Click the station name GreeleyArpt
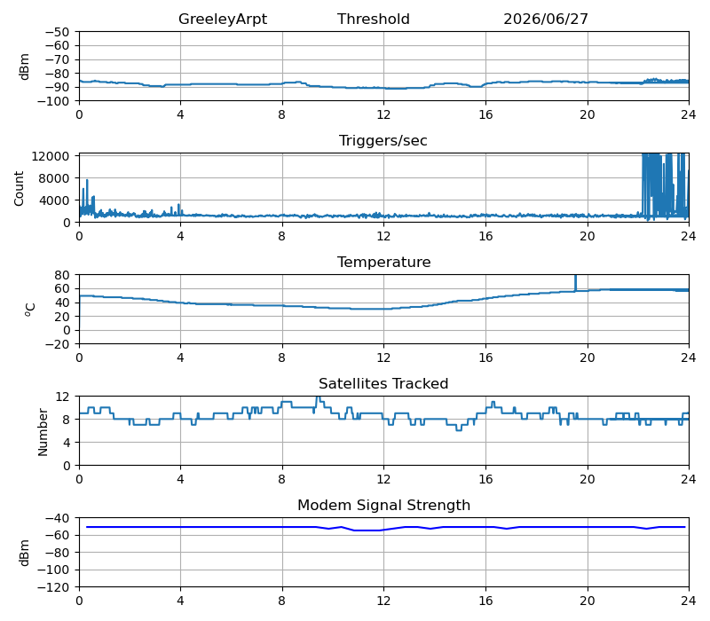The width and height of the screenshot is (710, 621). pyautogui.click(x=223, y=19)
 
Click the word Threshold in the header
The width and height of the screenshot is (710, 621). pyautogui.click(x=373, y=19)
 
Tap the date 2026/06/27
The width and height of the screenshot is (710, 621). pyautogui.click(x=546, y=19)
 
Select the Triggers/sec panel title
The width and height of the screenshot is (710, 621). pyautogui.click(x=383, y=140)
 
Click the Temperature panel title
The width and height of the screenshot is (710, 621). pyautogui.click(x=383, y=262)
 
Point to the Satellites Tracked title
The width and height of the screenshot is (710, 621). pyautogui.click(x=383, y=383)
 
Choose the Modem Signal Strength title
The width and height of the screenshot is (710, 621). pyautogui.click(x=383, y=505)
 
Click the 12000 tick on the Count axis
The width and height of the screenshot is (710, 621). pyautogui.click(x=50, y=156)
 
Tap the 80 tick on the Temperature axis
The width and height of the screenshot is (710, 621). pyautogui.click(x=62, y=275)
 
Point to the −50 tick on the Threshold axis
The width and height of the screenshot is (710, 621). pyautogui.click(x=57, y=32)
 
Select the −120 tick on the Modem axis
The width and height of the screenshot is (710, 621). pyautogui.click(x=53, y=587)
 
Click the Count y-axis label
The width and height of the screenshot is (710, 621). pyautogui.click(x=19, y=188)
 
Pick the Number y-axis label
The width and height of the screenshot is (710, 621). pyautogui.click(x=43, y=432)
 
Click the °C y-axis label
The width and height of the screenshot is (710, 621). pyautogui.click(x=30, y=310)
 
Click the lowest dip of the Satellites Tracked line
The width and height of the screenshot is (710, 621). pyautogui.click(x=458, y=430)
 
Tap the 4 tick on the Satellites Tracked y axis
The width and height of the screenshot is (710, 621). pyautogui.click(x=67, y=442)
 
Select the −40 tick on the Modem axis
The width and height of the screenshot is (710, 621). pyautogui.click(x=57, y=518)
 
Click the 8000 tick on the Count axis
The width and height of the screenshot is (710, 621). pyautogui.click(x=54, y=178)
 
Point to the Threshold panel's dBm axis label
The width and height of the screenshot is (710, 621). pyautogui.click(x=25, y=67)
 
